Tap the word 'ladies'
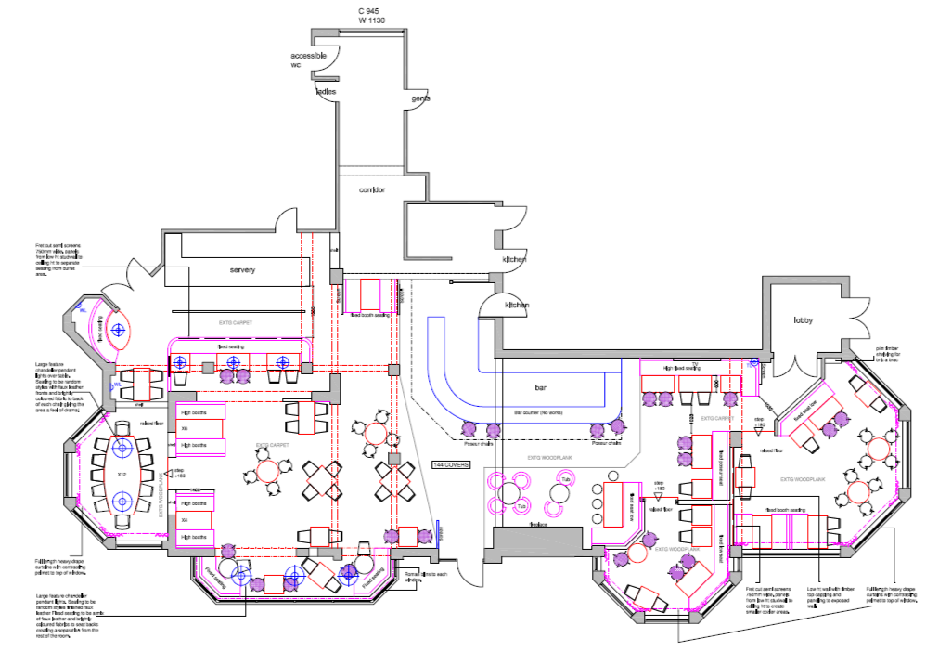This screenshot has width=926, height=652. tap(326, 92)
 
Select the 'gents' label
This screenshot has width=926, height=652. tap(421, 98)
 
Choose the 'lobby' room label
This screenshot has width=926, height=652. tap(802, 320)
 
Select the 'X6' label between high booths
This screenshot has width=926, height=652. tap(185, 428)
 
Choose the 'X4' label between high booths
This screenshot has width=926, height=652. tap(185, 520)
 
